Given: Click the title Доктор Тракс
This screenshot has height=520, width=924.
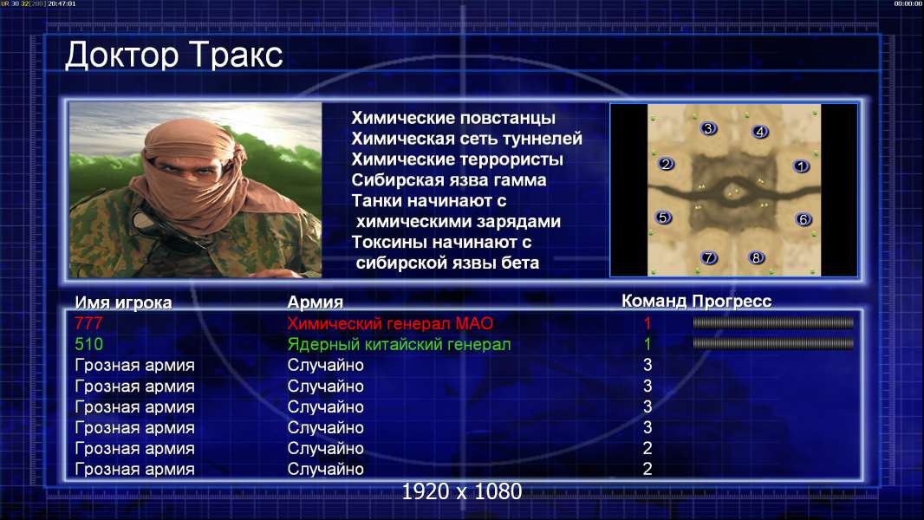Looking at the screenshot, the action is click(x=174, y=55).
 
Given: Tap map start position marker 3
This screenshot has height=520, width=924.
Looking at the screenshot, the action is click(x=708, y=128).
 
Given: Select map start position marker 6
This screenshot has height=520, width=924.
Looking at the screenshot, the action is click(x=804, y=219).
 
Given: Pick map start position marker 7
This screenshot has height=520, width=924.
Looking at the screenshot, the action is click(x=709, y=257).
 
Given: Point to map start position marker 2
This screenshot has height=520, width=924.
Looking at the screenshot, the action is click(x=666, y=164).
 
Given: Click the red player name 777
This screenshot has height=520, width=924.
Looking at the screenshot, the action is click(x=88, y=323).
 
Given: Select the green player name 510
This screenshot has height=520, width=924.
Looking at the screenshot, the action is click(x=89, y=344).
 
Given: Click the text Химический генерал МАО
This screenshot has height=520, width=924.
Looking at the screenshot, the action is click(x=390, y=323).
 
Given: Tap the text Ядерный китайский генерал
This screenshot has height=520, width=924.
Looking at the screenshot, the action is click(x=399, y=345).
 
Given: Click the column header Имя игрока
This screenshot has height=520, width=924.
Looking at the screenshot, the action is click(x=123, y=302).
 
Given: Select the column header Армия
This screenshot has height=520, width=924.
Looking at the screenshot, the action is click(x=316, y=302).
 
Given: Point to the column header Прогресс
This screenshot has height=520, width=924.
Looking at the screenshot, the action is click(x=732, y=302).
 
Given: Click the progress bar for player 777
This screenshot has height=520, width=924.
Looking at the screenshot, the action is click(x=773, y=322).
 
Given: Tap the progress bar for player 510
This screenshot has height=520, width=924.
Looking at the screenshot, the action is click(x=773, y=343).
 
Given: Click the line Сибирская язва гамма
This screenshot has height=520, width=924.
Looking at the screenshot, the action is click(x=449, y=180).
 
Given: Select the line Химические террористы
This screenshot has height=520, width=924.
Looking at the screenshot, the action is click(x=458, y=159).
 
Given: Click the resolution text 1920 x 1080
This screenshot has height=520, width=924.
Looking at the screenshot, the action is click(x=462, y=491).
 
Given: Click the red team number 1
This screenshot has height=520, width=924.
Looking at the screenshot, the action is click(x=647, y=323).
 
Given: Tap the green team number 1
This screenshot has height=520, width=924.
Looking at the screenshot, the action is click(x=647, y=344).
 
